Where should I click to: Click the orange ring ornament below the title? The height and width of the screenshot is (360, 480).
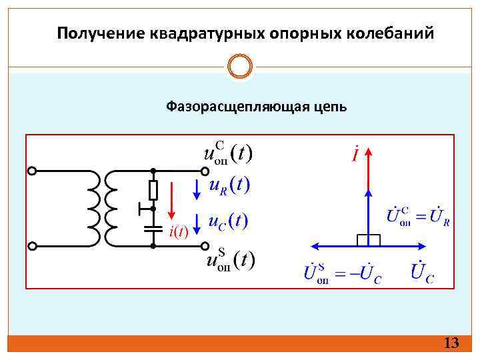point(240,67)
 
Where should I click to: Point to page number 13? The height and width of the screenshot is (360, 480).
point(451,343)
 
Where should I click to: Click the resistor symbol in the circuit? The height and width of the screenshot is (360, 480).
point(153,190)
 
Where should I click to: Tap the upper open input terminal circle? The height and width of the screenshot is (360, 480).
point(33,171)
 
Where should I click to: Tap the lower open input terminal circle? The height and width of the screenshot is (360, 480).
point(33,246)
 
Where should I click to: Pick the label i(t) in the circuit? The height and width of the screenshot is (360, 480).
point(179,231)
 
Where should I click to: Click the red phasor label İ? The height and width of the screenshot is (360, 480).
point(357,154)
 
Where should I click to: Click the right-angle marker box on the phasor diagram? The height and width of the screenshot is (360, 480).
point(368,239)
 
